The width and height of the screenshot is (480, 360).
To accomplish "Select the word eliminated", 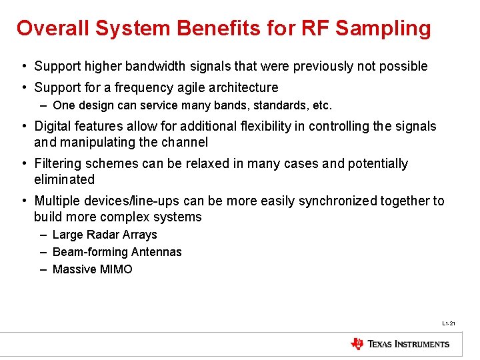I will [x=64, y=179].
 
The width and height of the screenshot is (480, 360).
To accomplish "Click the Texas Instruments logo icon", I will [x=357, y=344].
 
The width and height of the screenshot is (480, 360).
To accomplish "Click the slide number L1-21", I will [x=448, y=324].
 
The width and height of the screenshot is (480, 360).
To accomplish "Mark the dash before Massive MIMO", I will [x=43, y=269].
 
